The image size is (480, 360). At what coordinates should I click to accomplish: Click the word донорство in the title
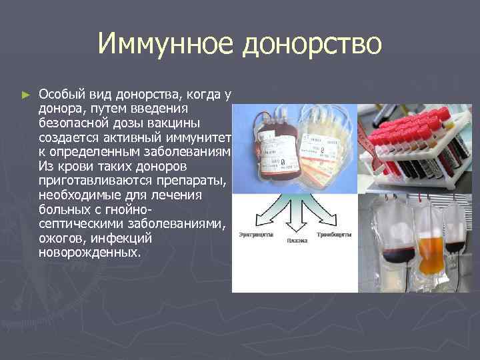click(313, 45)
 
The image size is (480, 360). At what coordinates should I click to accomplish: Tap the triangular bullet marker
click(26, 96)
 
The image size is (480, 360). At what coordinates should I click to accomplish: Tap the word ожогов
click(62, 239)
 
